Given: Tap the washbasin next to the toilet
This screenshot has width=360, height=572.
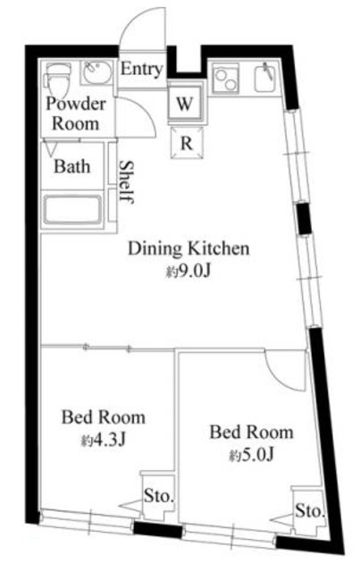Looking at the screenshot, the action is tap(96, 72).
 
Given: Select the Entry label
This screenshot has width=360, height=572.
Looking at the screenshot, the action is tap(141, 69).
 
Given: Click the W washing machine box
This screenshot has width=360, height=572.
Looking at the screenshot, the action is tap(185, 104).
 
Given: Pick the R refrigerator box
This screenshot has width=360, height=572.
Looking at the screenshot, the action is tap(187, 143).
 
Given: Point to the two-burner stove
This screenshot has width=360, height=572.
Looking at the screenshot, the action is tap(225, 80).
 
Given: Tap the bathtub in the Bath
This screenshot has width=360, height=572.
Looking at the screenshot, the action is tap(72, 210).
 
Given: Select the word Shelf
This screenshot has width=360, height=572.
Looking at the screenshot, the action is tap(127, 181).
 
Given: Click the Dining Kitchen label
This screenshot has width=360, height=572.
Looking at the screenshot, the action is tap(188, 248).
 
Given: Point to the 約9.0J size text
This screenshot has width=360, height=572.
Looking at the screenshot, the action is tap(188, 272).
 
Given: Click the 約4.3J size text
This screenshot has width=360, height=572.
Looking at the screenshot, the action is tap(104, 441).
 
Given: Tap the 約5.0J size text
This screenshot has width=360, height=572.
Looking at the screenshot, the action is tap(251, 455).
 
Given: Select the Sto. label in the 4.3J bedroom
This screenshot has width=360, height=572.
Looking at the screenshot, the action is tap(159, 496).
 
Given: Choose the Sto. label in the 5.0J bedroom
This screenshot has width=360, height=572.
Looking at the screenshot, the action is tap(310, 510).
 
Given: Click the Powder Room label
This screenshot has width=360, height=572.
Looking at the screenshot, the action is tap(76, 114).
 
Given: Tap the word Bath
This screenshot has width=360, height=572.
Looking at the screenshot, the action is tap(71, 167).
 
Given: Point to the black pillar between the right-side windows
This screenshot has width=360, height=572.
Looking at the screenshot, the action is tap(304, 218).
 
